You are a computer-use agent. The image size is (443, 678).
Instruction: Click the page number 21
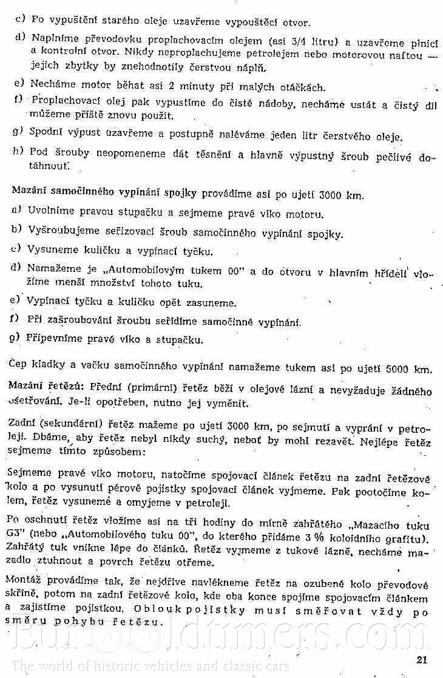coord(422,660)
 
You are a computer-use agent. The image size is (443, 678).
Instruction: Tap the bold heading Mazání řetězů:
coord(48,387)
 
